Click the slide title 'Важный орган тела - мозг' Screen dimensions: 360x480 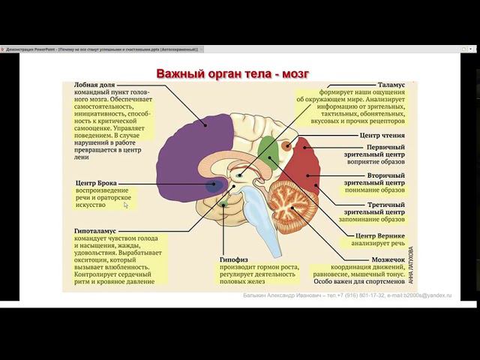pyautogui.click(x=232, y=73)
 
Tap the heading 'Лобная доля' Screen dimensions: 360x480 pyautogui.click(x=94, y=86)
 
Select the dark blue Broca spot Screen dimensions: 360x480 pyautogui.click(x=216, y=185)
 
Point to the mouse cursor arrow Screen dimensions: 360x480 pyautogui.click(x=126, y=205)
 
